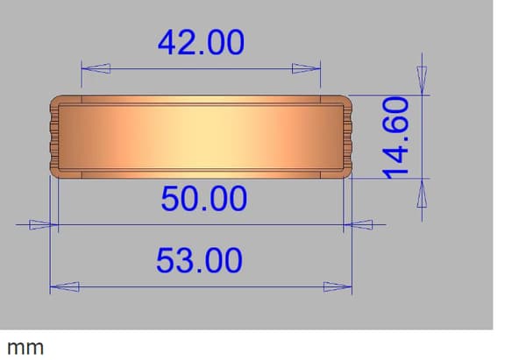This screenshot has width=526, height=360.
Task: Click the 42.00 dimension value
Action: point(201,42)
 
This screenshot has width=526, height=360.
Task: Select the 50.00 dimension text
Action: point(204,199)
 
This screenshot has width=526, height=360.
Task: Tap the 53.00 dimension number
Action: point(199,260)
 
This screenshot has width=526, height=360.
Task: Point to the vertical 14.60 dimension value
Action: point(396,138)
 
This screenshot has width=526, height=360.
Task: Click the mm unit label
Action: point(25,349)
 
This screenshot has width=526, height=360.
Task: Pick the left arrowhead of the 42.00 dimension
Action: point(96,68)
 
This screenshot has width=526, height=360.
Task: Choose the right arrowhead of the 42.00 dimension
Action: point(306,68)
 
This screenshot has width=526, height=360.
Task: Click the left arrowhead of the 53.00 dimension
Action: point(64,287)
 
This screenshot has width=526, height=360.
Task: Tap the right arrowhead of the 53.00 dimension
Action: point(338,287)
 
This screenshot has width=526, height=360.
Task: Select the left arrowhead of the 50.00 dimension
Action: point(44,224)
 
